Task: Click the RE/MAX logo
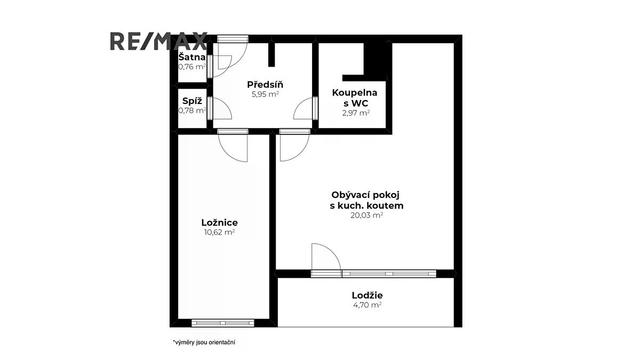[x=158, y=41]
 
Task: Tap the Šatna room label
[x=192, y=57]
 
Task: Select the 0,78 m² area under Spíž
[x=192, y=110]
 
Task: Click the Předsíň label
[x=265, y=84]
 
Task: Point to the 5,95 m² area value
[x=265, y=94]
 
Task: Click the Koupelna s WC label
[x=355, y=98]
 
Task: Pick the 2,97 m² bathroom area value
[x=356, y=113]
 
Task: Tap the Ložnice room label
[x=219, y=222]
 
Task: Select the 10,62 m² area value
[x=219, y=232]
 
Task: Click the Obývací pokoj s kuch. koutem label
[x=366, y=200]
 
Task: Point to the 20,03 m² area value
[x=367, y=215]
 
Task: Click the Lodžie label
[x=367, y=295]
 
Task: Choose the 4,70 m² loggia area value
[x=367, y=305]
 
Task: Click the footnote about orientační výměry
[x=204, y=342]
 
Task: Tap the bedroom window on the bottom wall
[x=223, y=323]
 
